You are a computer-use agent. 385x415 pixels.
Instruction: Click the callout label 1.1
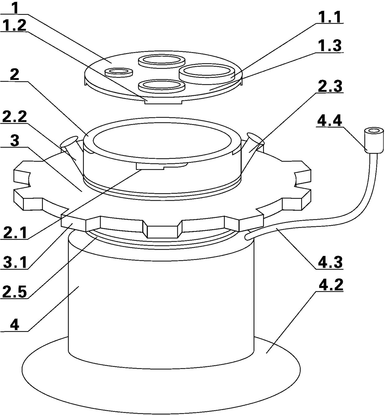pyautogui.click(x=329, y=17)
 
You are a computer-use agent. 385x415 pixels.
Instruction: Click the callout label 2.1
pyautogui.click(x=14, y=233)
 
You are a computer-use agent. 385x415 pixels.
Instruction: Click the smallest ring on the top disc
pyautogui.click(x=119, y=72)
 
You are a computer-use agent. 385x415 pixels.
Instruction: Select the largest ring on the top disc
pyautogui.click(x=207, y=74)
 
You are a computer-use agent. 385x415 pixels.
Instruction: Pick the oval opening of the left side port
pyautogui.click(x=69, y=141)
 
